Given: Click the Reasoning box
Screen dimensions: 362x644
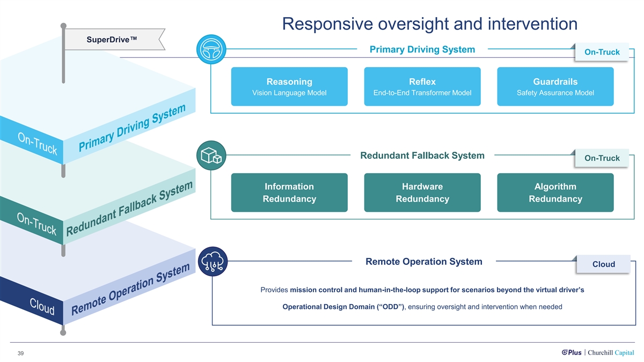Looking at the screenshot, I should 289,86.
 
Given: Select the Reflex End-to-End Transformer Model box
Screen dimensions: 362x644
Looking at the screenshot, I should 422,86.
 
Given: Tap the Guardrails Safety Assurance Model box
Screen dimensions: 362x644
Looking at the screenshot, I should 555,86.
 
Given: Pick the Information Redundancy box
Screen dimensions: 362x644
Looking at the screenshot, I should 289,193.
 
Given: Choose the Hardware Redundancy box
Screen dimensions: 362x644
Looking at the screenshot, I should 422,193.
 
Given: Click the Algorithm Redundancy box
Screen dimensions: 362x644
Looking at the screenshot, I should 555,193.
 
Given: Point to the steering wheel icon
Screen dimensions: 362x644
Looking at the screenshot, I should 211,50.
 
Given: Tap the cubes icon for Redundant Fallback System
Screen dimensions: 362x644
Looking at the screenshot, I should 211,156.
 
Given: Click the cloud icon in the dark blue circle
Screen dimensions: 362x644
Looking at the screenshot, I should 213,261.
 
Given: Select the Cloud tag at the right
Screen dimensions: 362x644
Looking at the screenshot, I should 603,264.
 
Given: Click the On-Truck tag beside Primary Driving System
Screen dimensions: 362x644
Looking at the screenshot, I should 602,52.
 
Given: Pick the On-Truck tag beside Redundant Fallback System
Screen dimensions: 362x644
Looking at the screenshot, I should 602,158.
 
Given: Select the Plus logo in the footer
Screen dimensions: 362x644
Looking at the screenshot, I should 571,352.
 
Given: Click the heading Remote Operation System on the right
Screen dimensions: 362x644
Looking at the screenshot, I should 423,262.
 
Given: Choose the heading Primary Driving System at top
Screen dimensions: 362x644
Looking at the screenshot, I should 422,49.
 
